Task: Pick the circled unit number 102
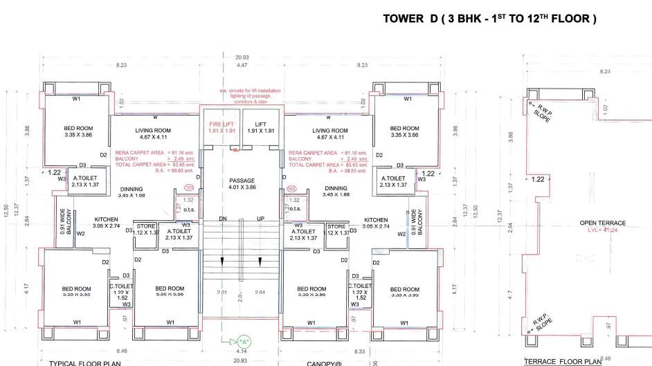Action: pyautogui.click(x=291, y=187)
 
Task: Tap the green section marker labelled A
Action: pyautogui.click(x=243, y=341)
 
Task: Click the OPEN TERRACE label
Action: pyautogui.click(x=602, y=223)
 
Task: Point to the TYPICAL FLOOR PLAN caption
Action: pyautogui.click(x=85, y=363)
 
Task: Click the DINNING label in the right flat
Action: pyautogui.click(x=336, y=188)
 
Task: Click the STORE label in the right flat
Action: pyautogui.click(x=336, y=226)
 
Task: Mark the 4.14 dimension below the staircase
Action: pyautogui.click(x=242, y=352)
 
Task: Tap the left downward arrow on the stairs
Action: pyautogui.click(x=222, y=261)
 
